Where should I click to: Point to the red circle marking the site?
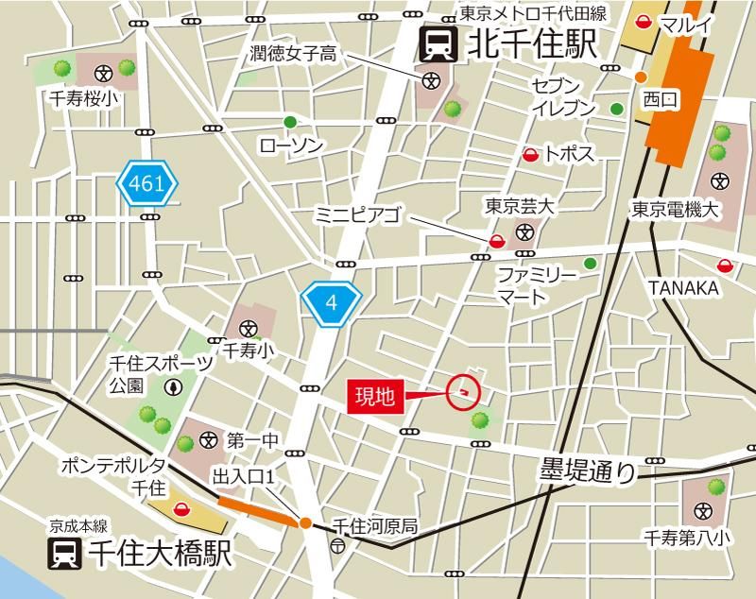point(463,390)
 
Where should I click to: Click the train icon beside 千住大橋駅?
point(66,554)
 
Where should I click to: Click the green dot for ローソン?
point(290,122)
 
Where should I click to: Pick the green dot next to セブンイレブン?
point(617,109)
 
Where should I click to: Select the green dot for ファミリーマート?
point(590,264)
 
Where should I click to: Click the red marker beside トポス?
point(530,154)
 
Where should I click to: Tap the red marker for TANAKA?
point(725,265)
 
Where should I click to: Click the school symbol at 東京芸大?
point(524,232)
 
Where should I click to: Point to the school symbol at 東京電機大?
point(721,180)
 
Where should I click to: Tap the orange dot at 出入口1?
point(305,522)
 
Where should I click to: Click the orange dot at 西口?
point(641,77)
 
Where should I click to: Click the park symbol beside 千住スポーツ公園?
point(174,385)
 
